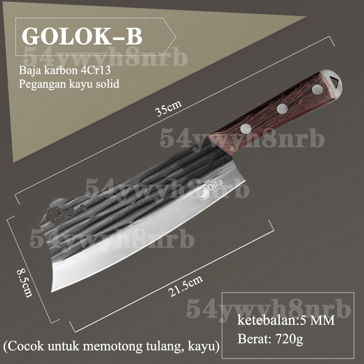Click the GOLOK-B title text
click(x=82, y=37)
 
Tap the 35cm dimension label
click(x=169, y=108)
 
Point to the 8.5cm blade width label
click(x=25, y=283)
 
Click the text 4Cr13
click(x=96, y=70)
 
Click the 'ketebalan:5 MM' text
click(x=286, y=320)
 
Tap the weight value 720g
click(x=289, y=339)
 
